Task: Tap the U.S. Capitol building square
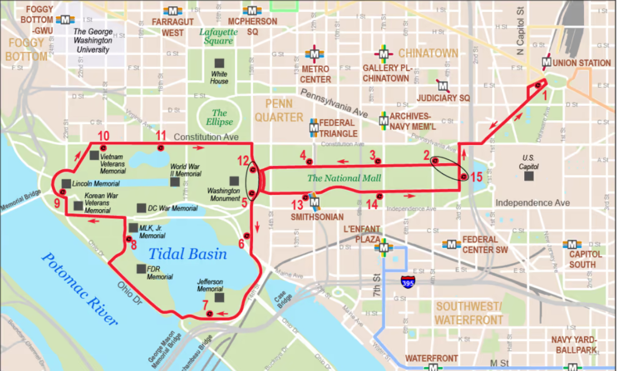pos(528,176)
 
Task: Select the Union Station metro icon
pos(546,63)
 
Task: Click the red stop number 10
pos(103,135)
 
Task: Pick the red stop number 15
pos(476,177)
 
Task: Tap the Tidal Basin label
pos(188,254)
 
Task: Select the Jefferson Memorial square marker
pos(219,297)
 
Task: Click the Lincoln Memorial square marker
pos(66,183)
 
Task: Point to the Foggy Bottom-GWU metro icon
pos(66,19)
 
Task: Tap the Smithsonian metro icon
pos(314,201)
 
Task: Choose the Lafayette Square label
pos(219,36)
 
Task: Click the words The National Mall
pos(344,178)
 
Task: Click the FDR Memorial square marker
pos(141,269)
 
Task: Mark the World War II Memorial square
pos(175,182)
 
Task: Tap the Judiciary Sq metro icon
pos(443,86)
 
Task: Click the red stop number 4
pos(302,154)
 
